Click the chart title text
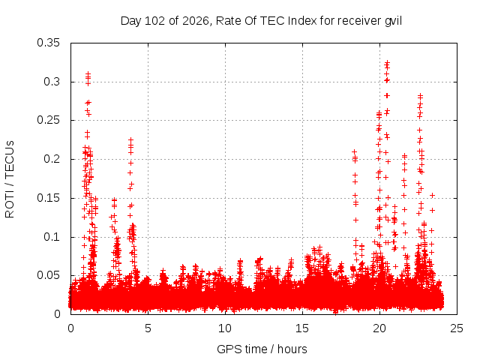[261, 21]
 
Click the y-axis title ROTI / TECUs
[10, 179]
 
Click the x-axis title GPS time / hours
[262, 349]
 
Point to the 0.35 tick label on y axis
[48, 43]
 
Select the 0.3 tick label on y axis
[52, 82]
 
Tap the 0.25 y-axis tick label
[48, 120]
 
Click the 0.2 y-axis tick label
[52, 159]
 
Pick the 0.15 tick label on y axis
[48, 198]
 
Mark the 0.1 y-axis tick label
[52, 237]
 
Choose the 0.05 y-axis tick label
[48, 275]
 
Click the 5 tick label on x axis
[148, 328]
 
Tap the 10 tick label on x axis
[225, 328]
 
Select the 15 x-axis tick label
[302, 328]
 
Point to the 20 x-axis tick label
[379, 328]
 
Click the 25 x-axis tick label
[457, 328]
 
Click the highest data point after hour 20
[388, 62]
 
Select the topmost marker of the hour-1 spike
[88, 73]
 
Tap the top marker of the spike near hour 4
[130, 139]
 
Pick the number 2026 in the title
[196, 21]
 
